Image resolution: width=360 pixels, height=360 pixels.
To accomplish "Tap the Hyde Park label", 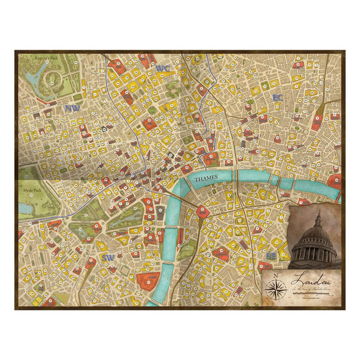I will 32,190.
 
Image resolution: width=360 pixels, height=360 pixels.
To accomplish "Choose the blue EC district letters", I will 277,98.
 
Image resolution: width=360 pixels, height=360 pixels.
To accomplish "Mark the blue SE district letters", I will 271,256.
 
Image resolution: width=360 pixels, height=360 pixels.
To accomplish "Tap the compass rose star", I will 276,288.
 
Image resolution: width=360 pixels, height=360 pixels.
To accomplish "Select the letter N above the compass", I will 276,276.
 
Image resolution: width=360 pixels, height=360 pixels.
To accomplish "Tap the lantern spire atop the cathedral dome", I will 318,218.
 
